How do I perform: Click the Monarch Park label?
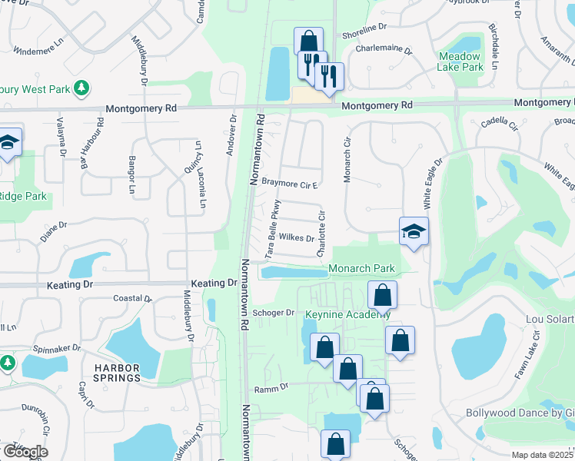361,268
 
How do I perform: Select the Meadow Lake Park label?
460,61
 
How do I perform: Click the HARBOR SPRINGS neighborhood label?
117,373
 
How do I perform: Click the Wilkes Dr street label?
296,238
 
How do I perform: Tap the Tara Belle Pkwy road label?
272,227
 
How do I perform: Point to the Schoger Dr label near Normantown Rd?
274,313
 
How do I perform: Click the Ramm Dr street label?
271,388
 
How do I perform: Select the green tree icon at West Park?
81,88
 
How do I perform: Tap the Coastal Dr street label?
132,298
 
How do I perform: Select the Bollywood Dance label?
520,413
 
